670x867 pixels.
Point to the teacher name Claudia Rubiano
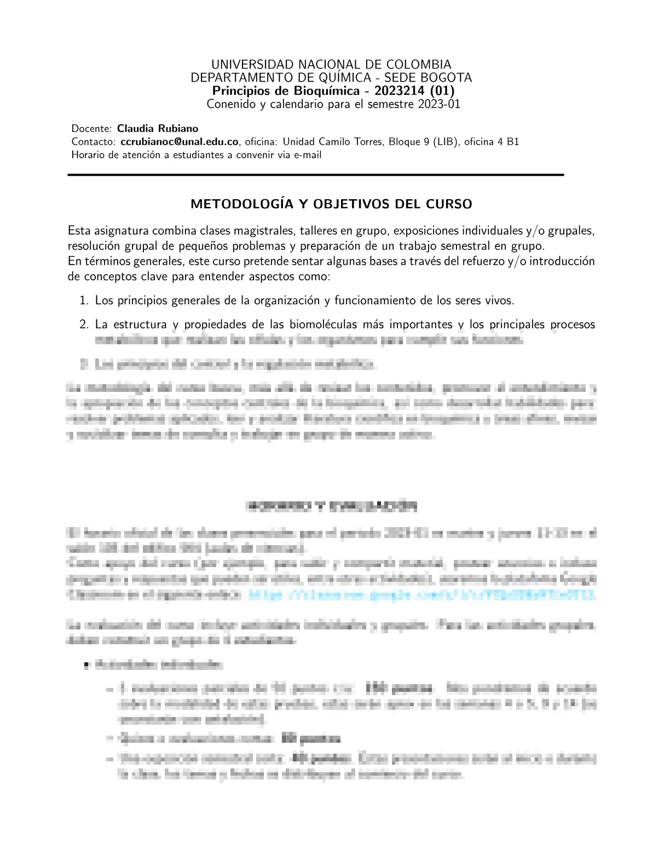[x=158, y=129]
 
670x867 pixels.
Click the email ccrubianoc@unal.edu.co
[x=180, y=142]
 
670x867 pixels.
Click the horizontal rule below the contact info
[x=315, y=175]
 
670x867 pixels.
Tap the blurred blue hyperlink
[x=421, y=596]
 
